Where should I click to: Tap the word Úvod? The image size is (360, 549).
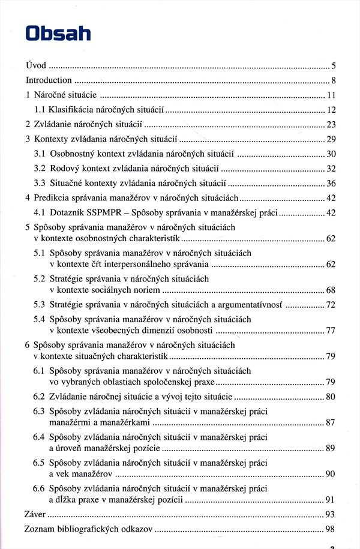[35, 65]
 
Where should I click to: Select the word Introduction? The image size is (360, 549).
[49, 80]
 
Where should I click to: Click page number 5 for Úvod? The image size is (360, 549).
[333, 65]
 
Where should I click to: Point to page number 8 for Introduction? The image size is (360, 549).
[333, 80]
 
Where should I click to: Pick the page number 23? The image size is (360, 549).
[331, 124]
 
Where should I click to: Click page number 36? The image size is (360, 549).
[331, 183]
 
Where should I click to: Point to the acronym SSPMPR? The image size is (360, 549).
[109, 212]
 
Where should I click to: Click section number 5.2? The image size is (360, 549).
[40, 278]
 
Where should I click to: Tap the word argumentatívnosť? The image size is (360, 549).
[252, 305]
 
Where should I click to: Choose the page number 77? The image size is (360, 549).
[331, 331]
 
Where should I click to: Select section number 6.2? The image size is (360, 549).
[40, 396]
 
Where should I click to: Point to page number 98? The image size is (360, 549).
[331, 529]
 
